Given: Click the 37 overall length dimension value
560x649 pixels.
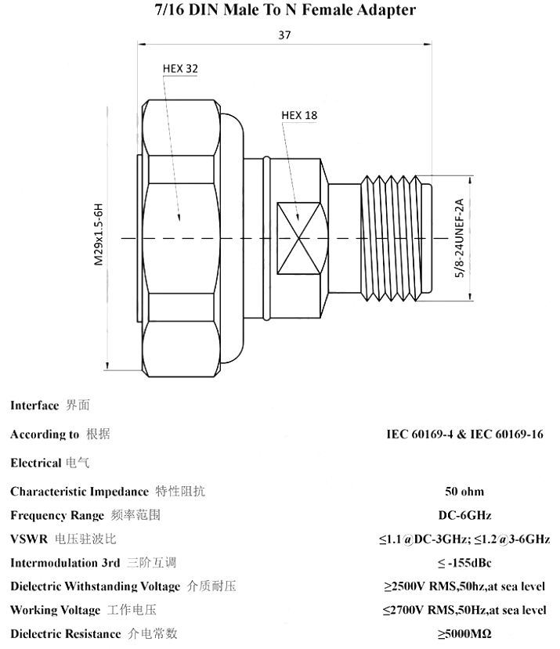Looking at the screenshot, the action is click(284, 35).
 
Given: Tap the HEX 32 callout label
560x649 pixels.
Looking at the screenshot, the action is click(180, 69).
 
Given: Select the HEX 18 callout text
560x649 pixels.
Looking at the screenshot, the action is click(299, 116).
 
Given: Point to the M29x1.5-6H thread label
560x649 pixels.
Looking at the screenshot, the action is click(98, 234).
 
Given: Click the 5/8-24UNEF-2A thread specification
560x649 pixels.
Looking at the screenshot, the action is click(460, 238).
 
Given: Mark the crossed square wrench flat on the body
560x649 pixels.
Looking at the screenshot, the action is click(298, 239).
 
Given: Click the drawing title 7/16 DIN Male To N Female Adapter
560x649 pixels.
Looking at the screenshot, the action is click(285, 10).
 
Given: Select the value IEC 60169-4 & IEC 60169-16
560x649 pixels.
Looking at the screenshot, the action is click(464, 434).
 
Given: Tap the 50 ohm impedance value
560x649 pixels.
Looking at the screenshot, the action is click(464, 492).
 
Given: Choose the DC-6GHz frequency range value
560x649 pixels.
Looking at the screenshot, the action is click(464, 515).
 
